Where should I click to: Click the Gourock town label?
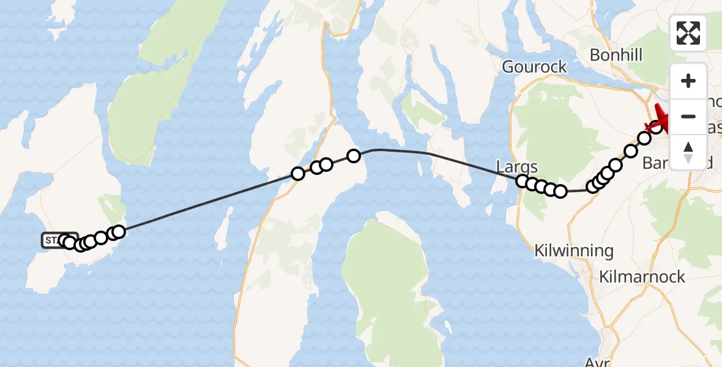(534, 67)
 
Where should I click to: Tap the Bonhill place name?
(616, 55)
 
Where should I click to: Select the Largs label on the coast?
(517, 167)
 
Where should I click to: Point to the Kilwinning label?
(573, 250)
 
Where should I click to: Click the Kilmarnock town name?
(642, 276)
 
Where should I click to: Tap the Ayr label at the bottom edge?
(596, 361)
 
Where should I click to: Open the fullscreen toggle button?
(688, 33)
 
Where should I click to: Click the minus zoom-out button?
(688, 116)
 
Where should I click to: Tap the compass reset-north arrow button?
(688, 151)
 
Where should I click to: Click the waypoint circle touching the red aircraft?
(656, 127)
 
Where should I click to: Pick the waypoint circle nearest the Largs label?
(523, 180)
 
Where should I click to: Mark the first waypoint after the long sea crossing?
(298, 174)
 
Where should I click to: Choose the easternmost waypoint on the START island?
(119, 231)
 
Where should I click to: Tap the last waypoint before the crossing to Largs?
(354, 155)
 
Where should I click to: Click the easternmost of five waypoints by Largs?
(560, 191)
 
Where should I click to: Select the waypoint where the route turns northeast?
(592, 187)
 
